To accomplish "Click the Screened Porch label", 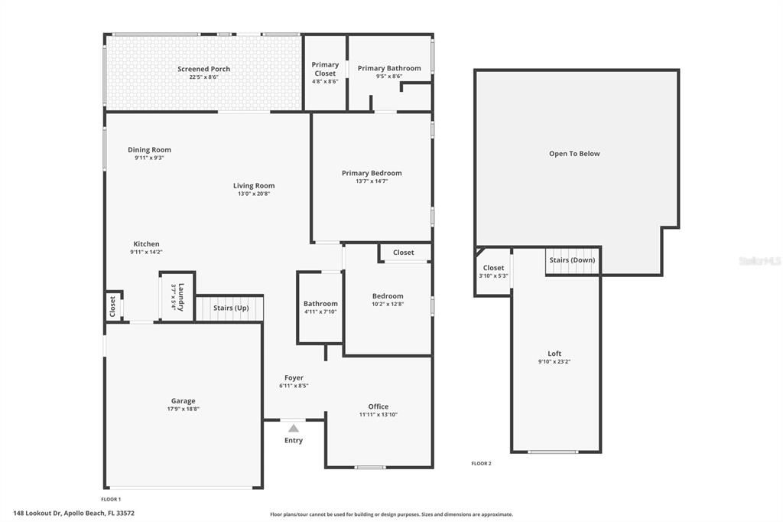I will pyautogui.click(x=203, y=69).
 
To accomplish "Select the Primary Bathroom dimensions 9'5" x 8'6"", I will pyautogui.click(x=389, y=77).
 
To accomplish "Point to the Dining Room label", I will pyautogui.click(x=149, y=150).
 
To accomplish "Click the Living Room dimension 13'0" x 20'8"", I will pyautogui.click(x=254, y=194).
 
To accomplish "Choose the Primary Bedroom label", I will pyautogui.click(x=372, y=173).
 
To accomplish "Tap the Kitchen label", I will pyautogui.click(x=146, y=244).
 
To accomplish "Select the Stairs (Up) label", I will pyautogui.click(x=231, y=308).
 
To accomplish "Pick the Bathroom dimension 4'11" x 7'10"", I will pyautogui.click(x=320, y=312).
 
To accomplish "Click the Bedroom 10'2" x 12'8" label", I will pyautogui.click(x=388, y=296).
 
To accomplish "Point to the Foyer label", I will pyautogui.click(x=294, y=377).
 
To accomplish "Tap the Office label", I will pyautogui.click(x=379, y=406).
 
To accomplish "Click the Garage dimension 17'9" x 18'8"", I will pyautogui.click(x=183, y=409).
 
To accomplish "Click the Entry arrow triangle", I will pyautogui.click(x=294, y=429).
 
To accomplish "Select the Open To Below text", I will pyautogui.click(x=574, y=154).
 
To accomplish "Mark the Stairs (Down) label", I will pyautogui.click(x=572, y=260).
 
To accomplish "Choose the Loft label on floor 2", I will pyautogui.click(x=554, y=353).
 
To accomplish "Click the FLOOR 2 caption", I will pyautogui.click(x=481, y=463).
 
